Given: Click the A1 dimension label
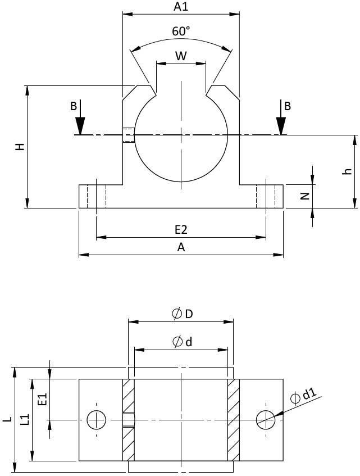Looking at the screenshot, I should [x=180, y=7].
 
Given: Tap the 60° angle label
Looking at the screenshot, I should [x=181, y=32].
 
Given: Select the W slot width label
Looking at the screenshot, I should [x=181, y=56].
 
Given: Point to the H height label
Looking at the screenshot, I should [x=20, y=147].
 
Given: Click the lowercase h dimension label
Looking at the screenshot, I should [x=348, y=171].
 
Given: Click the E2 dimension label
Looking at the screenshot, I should [x=181, y=230].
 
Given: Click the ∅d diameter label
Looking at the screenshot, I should [x=182, y=341].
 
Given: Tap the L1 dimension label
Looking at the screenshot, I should [x=24, y=419].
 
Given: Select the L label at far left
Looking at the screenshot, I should [x=7, y=419].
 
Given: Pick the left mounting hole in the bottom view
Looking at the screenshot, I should [x=97, y=419].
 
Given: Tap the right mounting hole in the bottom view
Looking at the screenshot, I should [x=265, y=419].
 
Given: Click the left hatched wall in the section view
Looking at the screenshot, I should [x=128, y=419].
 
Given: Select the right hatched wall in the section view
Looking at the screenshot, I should [x=233, y=419].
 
